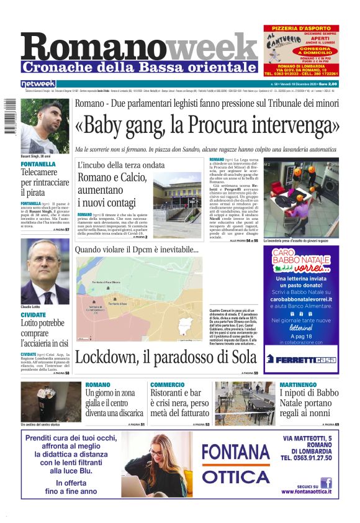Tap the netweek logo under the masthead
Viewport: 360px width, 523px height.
38,83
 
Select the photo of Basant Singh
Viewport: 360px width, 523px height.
45,126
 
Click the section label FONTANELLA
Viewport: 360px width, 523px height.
38,164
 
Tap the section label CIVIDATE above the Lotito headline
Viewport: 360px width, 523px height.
34,315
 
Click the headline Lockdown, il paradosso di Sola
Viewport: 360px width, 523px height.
165,357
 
